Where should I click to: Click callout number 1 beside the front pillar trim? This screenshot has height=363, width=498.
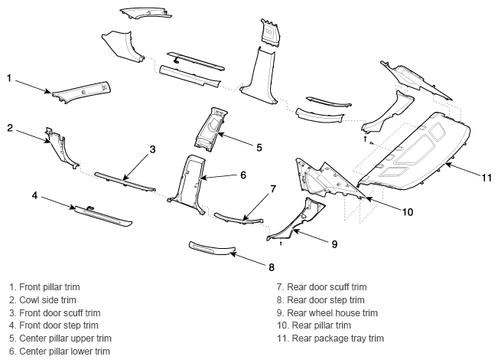pyautogui.click(x=9, y=78)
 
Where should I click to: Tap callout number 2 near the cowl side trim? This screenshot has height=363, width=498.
pyautogui.click(x=10, y=128)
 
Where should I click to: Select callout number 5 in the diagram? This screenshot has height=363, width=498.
pyautogui.click(x=259, y=148)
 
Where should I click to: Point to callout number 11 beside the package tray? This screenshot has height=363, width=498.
pyautogui.click(x=487, y=178)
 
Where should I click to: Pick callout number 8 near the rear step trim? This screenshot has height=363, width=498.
pyautogui.click(x=272, y=267)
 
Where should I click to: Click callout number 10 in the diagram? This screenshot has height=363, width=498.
pyautogui.click(x=408, y=212)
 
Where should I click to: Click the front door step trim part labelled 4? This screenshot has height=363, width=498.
pyautogui.click(x=103, y=216)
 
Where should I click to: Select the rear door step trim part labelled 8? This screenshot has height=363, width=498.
pyautogui.click(x=212, y=248)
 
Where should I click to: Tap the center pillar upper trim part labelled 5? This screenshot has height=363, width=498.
pyautogui.click(x=210, y=129)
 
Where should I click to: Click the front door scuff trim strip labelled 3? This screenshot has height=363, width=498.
pyautogui.click(x=125, y=181)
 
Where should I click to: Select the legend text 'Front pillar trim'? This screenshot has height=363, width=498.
pyautogui.click(x=50, y=287)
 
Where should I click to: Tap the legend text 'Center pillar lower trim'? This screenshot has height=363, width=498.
pyautogui.click(x=64, y=352)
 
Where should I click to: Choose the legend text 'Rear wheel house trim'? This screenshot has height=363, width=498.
pyautogui.click(x=332, y=313)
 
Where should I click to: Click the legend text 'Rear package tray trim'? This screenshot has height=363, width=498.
pyautogui.click(x=337, y=338)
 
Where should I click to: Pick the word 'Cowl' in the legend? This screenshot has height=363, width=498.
pyautogui.click(x=28, y=300)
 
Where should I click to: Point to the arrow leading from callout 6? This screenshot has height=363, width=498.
pyautogui.click(x=218, y=177)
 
